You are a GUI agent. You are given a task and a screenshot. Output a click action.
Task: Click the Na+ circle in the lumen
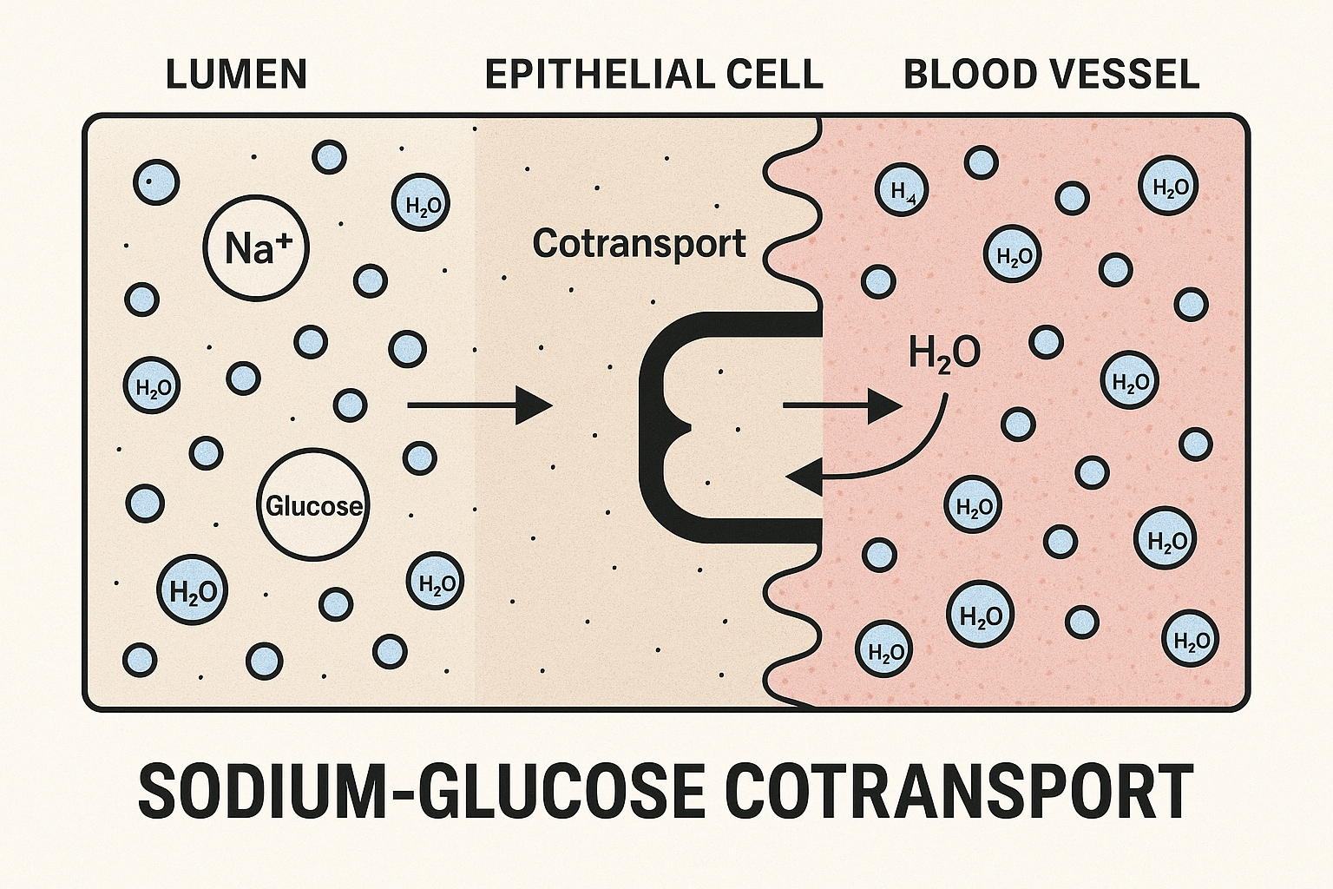pos(255,247)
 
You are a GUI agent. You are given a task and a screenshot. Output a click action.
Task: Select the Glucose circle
pos(313,504)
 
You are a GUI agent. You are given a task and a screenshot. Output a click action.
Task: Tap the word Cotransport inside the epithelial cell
pos(639,243)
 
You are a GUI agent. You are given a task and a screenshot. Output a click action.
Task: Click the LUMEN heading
pos(236,75)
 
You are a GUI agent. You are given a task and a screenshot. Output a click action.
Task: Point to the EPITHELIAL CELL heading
pos(653,75)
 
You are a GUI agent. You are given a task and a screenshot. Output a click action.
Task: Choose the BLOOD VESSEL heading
pos(1051,75)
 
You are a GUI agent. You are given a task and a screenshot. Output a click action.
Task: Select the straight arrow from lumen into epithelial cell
pos(479,405)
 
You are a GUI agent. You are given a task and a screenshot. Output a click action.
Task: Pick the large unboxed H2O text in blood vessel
pos(944,353)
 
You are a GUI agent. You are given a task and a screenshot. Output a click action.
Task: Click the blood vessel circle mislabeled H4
pos(902,190)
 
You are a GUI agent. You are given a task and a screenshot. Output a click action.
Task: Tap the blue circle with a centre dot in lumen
pos(156,182)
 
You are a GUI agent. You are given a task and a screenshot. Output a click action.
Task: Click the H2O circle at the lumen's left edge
pos(153,385)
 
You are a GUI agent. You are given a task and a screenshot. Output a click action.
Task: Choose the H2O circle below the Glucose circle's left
pos(192,591)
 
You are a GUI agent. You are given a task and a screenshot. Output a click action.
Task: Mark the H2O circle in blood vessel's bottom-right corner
pos(1190,640)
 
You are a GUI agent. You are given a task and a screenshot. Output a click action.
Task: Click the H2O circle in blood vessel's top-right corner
pos(1168,186)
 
